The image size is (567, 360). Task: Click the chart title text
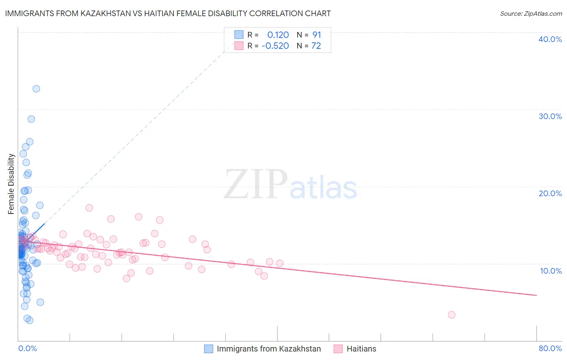point(168,13)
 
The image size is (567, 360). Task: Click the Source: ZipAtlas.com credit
point(531,13)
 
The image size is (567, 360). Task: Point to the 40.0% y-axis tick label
point(550,39)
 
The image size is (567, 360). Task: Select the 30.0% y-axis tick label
point(550,116)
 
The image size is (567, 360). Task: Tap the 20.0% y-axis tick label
point(550,193)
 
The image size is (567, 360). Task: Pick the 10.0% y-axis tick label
point(550,271)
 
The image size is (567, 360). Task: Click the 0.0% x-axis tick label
point(27,348)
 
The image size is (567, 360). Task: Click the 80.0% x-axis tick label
point(550,348)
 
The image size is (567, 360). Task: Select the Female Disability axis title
point(11,184)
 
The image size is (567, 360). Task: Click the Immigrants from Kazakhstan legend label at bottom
point(269,349)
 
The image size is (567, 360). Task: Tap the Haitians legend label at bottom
point(361,349)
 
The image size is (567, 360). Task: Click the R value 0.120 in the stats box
point(278,35)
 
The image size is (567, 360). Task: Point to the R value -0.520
point(275,46)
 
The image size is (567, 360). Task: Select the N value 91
point(317,35)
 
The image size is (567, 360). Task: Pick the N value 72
point(316,46)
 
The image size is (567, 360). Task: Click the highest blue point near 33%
point(36,89)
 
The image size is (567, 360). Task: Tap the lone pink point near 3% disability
point(452,315)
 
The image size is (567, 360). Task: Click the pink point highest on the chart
point(89,208)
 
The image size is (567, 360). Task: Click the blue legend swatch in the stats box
point(239,35)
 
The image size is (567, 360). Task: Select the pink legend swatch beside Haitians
point(338,349)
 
